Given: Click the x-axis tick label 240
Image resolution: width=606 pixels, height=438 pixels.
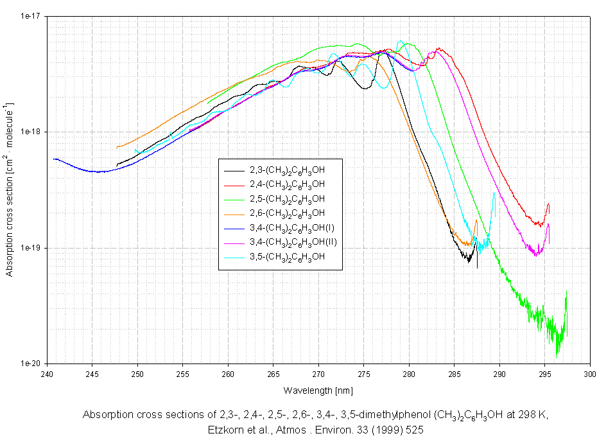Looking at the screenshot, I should click(48, 372).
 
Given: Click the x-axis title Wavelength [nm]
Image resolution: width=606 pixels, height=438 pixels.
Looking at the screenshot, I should click(318, 390).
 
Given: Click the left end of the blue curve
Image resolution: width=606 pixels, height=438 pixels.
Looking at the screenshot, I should click(55, 159).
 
